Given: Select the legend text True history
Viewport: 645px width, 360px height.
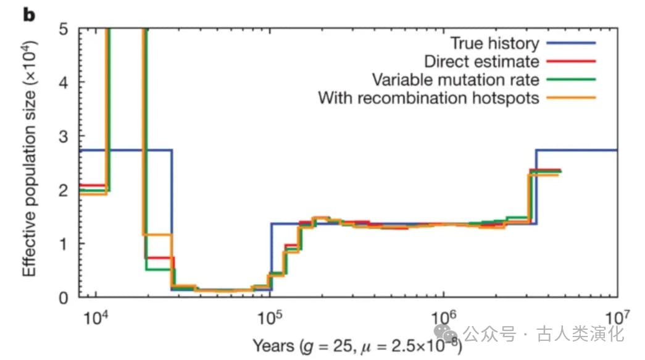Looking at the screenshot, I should click(494, 43).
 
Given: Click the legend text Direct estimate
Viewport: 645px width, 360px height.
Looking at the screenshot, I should click(481, 62).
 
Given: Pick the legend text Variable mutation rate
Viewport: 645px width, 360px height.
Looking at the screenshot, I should click(456, 80).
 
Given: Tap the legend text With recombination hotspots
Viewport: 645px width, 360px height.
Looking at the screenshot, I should click(428, 98).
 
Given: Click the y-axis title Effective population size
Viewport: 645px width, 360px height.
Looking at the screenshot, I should click(30, 159).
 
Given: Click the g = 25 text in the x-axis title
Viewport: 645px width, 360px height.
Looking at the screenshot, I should click(335, 344).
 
